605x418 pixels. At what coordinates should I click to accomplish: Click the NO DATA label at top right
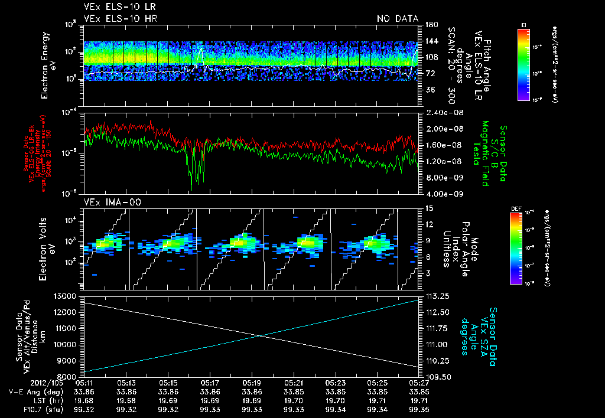click(x=398, y=19)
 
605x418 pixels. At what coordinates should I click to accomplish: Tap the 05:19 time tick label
click(x=252, y=383)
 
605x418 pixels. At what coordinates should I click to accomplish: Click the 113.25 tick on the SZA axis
click(x=434, y=296)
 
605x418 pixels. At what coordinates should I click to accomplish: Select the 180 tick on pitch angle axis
click(x=430, y=25)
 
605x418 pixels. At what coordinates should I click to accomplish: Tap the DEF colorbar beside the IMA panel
click(x=523, y=248)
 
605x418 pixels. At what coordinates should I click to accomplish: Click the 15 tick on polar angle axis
click(x=428, y=208)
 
